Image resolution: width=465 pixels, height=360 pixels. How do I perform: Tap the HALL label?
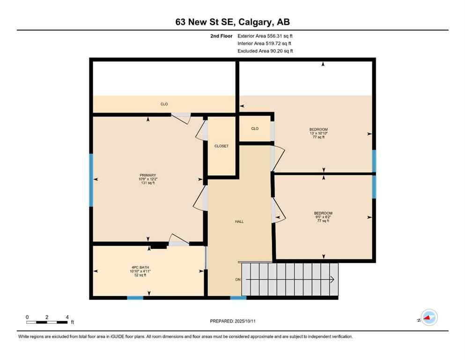(x=239, y=222)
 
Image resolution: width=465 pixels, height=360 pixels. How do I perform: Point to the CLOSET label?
(x=221, y=146)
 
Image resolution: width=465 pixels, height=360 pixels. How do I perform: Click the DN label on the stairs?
(x=238, y=280)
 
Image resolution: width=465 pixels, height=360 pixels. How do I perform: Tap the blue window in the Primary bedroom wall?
(x=91, y=180)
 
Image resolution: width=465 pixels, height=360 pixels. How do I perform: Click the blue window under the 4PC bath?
(x=135, y=298)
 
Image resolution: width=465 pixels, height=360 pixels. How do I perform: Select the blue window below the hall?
(x=238, y=298)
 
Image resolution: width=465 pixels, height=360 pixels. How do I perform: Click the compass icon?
(x=428, y=318)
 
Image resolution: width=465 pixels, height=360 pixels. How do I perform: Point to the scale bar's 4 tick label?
(x=67, y=317)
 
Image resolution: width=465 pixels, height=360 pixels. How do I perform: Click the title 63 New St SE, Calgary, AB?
(x=232, y=22)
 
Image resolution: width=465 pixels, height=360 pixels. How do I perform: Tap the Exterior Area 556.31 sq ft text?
(x=266, y=36)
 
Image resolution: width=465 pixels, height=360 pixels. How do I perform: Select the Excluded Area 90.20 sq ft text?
(x=266, y=51)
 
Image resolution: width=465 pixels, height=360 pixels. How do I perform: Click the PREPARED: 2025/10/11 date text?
(x=232, y=321)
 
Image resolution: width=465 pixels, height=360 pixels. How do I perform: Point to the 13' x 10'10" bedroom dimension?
(x=318, y=134)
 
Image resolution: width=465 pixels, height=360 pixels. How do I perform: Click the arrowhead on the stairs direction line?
(x=332, y=280)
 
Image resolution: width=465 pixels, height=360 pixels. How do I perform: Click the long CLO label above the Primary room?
(x=164, y=104)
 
